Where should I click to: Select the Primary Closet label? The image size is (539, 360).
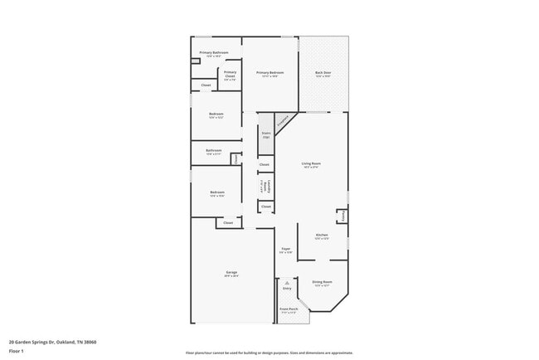point(230,74)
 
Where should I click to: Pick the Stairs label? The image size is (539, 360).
point(266,134)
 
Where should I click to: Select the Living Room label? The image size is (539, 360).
point(311,165)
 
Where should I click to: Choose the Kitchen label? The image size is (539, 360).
point(322,236)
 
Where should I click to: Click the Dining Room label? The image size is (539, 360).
point(323,284)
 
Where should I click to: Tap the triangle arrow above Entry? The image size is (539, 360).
point(287,282)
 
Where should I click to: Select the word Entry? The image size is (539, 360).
point(287,289)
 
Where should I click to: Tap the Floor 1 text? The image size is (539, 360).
point(16,351)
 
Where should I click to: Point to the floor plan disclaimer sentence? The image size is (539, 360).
point(269,353)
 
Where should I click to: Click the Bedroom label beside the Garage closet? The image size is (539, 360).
point(217,194)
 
